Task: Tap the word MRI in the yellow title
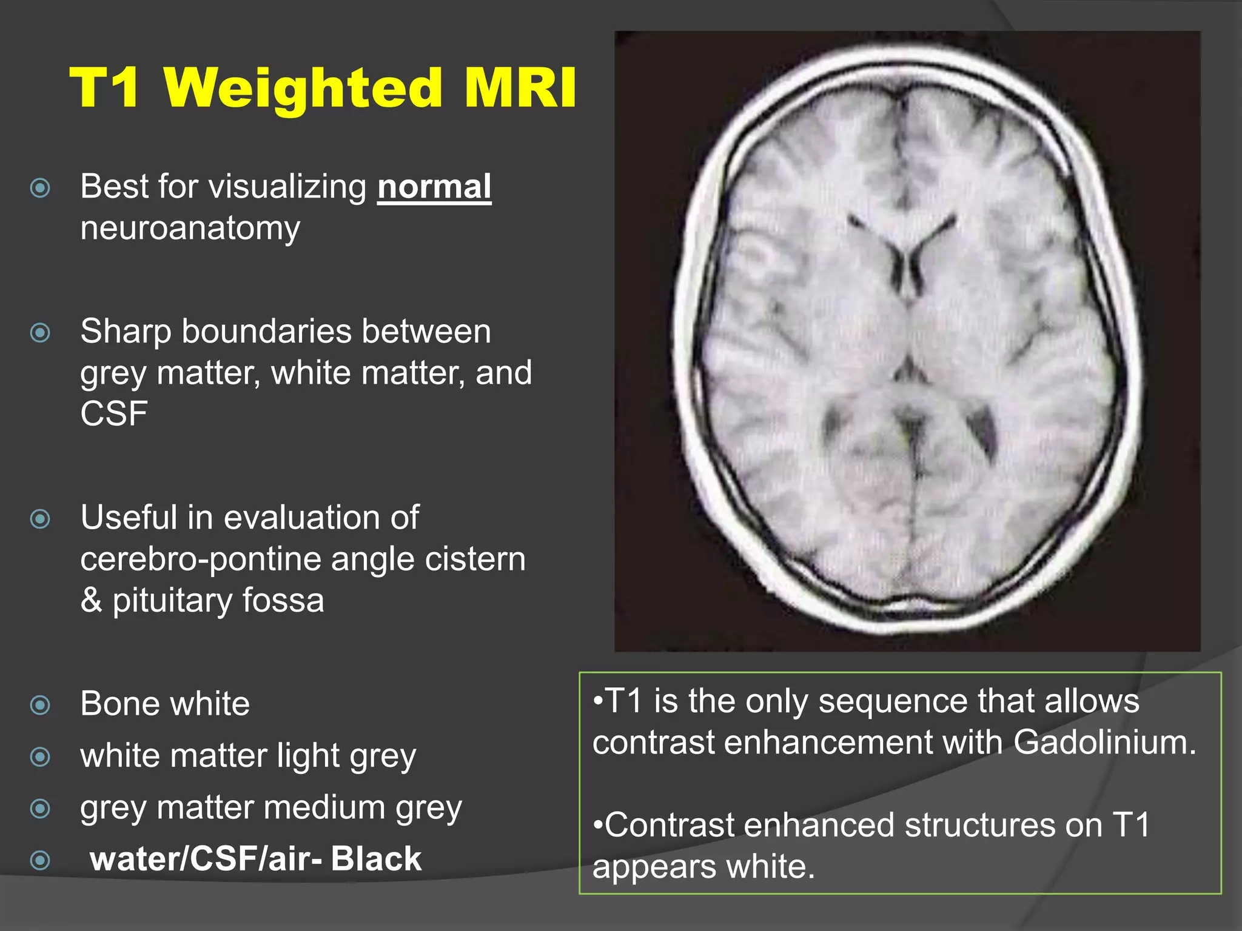[x=520, y=88]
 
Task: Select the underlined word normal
[x=434, y=187]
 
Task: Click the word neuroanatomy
[x=190, y=229]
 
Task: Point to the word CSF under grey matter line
[x=114, y=414]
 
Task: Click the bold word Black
[x=376, y=859]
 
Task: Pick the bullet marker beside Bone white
[x=41, y=705]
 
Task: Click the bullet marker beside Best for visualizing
[x=41, y=188]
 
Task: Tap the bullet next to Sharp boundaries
[x=41, y=332]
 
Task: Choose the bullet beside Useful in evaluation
[x=41, y=519]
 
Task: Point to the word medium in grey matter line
[x=324, y=808]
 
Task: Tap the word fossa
[x=283, y=600]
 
